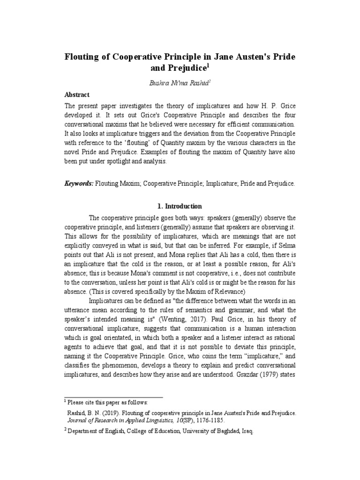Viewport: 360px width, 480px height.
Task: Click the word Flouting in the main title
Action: [x=82, y=57]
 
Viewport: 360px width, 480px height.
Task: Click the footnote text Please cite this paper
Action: [x=107, y=402]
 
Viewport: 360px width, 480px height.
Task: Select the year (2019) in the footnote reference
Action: [x=107, y=413]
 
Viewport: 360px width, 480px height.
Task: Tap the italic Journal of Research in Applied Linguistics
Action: [x=128, y=421]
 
